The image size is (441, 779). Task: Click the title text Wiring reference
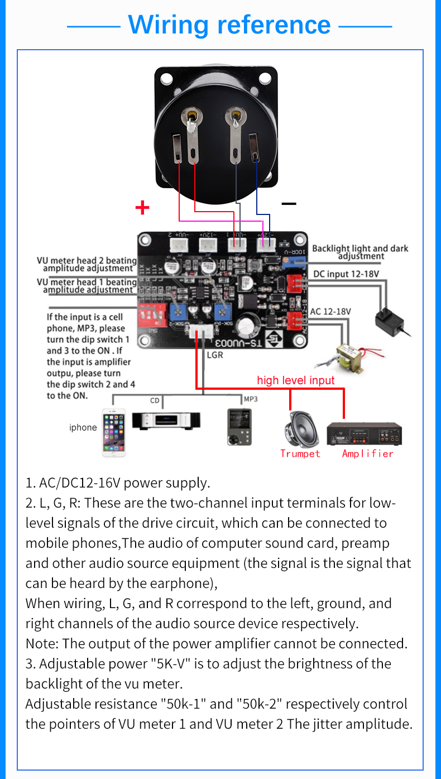coord(229,25)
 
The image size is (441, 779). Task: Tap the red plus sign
coord(142,208)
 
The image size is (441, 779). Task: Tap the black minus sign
coord(289,204)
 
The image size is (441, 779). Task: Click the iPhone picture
coord(114,432)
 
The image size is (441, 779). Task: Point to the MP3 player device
coord(239,427)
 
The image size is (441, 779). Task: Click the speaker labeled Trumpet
coord(300,429)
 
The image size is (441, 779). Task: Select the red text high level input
coord(295,380)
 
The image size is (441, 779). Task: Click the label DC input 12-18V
coord(346,274)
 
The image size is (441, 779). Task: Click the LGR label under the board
coord(215,355)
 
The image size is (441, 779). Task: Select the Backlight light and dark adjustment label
coord(360,252)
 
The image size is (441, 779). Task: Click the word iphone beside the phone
coord(83,428)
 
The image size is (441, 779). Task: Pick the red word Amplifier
coord(367,453)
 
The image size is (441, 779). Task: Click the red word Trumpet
coord(300,453)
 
